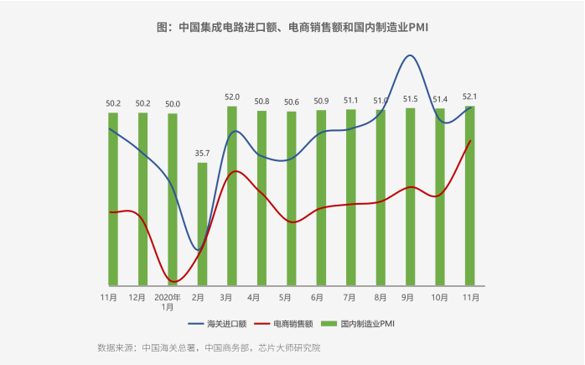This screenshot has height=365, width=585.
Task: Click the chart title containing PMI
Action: pos(292,28)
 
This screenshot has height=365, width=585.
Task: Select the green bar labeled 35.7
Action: pos(202,224)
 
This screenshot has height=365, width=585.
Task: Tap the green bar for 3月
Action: pos(231,196)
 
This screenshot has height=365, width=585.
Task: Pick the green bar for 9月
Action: pos(410,196)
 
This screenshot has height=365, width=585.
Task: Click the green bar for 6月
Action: pos(320,198)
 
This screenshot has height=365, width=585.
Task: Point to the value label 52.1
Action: pos(470,96)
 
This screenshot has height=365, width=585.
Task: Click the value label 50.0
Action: pos(173,104)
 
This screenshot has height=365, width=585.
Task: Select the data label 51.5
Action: pos(410,99)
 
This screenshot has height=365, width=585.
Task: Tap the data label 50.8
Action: pos(261,102)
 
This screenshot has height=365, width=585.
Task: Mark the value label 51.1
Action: pos(351,101)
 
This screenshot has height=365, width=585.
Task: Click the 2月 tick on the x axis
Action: pos(199,297)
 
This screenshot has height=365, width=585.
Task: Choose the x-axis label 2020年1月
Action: pos(168,302)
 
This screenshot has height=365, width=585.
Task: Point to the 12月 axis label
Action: pos(137,297)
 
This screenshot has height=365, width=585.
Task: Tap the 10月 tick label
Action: pos(439,297)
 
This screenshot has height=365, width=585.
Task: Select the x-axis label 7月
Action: pos(349,297)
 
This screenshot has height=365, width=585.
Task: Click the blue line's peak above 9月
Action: pos(409,55)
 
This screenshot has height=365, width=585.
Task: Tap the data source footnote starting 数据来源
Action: pos(209,347)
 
